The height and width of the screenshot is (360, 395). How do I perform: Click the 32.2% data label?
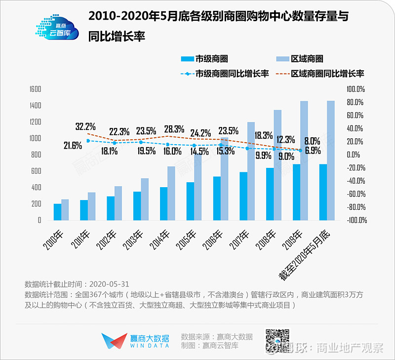85,127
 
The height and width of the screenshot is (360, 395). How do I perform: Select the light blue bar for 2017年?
251,171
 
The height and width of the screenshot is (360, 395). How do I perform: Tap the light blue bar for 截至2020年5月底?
331,160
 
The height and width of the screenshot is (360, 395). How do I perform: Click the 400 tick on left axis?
36,188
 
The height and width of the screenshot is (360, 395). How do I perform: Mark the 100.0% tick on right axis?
355,89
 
